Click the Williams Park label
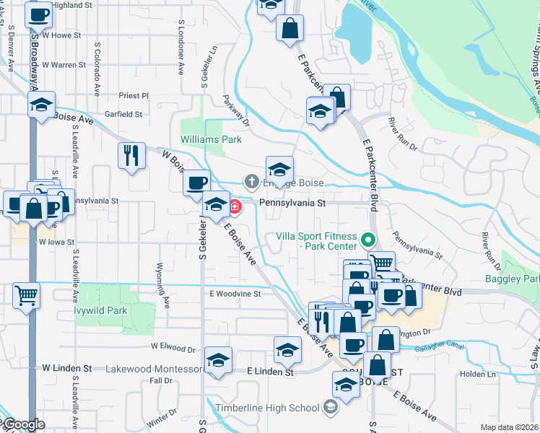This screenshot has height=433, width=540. [x=211, y=139]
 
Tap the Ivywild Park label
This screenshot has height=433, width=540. [x=100, y=311]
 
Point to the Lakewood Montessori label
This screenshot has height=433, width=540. [x=154, y=369]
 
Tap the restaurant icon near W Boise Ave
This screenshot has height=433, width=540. [x=131, y=154]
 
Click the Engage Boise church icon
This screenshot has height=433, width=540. [x=251, y=180]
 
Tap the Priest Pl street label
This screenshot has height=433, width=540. [x=134, y=95]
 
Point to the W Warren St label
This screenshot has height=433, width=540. [x=64, y=65]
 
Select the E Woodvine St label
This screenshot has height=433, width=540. [x=235, y=294]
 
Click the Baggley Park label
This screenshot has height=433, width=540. [x=523, y=279]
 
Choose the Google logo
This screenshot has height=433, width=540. [x=22, y=424]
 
